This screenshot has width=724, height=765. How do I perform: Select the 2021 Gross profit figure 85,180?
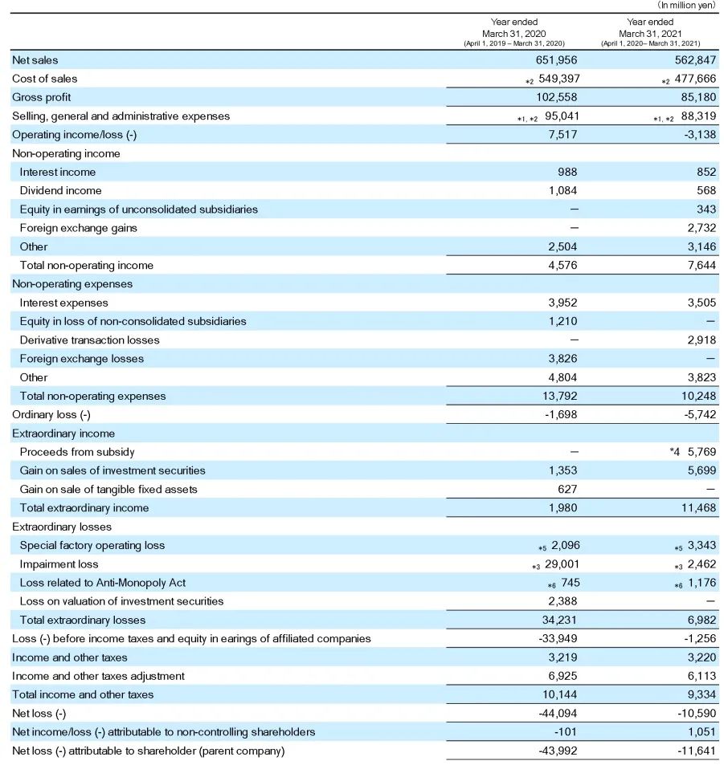pyautogui.click(x=695, y=97)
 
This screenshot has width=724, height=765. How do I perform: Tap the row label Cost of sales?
pyautogui.click(x=45, y=79)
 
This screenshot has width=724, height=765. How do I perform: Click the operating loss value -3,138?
pyautogui.click(x=697, y=135)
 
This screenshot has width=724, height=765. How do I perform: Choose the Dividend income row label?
pyautogui.click(x=60, y=190)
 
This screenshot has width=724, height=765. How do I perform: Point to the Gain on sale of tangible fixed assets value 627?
pyautogui.click(x=567, y=489)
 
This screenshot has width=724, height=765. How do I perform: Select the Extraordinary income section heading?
pyautogui.click(x=63, y=433)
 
